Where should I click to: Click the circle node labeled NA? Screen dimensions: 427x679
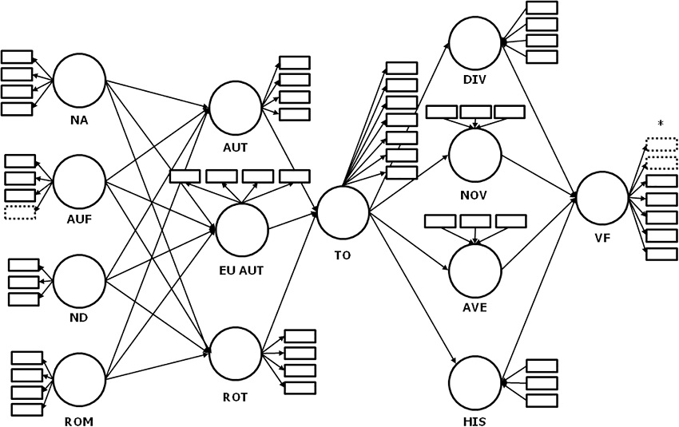pos(79,80)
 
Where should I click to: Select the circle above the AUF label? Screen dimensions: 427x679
pos(79,181)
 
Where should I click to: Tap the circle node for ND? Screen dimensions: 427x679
pos(79,281)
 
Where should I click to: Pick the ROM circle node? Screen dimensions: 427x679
pos(79,379)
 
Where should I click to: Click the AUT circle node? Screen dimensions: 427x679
pos(235,108)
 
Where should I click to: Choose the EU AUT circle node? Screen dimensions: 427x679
pos(242,230)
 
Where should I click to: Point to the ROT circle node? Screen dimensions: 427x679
pos(235,354)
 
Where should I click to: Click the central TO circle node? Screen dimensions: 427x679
pos(343,212)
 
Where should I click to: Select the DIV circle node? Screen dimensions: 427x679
pos(475,43)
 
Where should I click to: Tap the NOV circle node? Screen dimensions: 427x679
pos(475,155)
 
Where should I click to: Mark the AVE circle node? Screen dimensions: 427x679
pos(475,271)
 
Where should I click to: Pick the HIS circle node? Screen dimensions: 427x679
pos(475,382)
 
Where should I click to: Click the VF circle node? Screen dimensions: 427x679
pos(602,198)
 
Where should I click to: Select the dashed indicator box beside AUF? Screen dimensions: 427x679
pos(20,212)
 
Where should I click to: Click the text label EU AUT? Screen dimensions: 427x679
pos(241,271)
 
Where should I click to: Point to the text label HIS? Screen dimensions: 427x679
pos(475,421)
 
